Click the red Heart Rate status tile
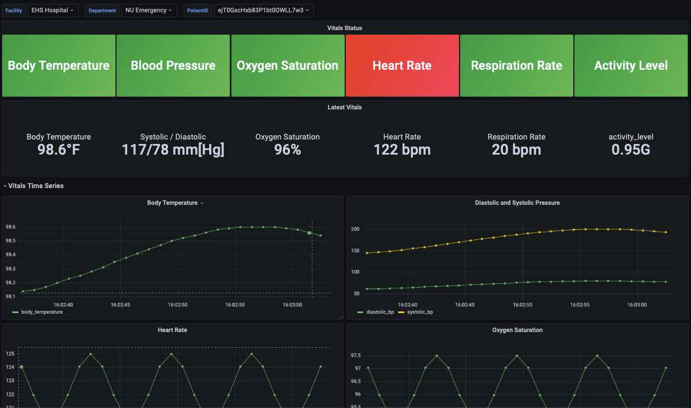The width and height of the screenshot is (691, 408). (x=402, y=66)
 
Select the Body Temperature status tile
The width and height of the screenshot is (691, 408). (x=59, y=66)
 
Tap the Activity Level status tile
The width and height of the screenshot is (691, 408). (x=631, y=66)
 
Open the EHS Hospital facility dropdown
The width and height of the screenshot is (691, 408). (x=53, y=10)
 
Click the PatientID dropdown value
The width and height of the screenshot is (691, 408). (x=263, y=10)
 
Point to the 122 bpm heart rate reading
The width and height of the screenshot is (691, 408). (x=402, y=150)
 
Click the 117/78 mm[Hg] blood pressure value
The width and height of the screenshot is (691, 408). (x=173, y=150)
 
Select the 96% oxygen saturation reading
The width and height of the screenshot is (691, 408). (x=287, y=150)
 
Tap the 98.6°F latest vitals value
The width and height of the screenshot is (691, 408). (x=59, y=150)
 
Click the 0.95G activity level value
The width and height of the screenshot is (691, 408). (x=631, y=150)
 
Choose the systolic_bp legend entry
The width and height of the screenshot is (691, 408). (x=420, y=312)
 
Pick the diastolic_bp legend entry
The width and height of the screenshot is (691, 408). (x=380, y=312)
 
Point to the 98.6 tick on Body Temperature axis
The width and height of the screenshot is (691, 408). (x=11, y=227)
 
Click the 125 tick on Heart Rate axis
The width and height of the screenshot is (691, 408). (x=11, y=354)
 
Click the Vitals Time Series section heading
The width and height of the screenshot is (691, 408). (x=36, y=186)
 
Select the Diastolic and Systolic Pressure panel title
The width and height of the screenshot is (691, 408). (x=517, y=203)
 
